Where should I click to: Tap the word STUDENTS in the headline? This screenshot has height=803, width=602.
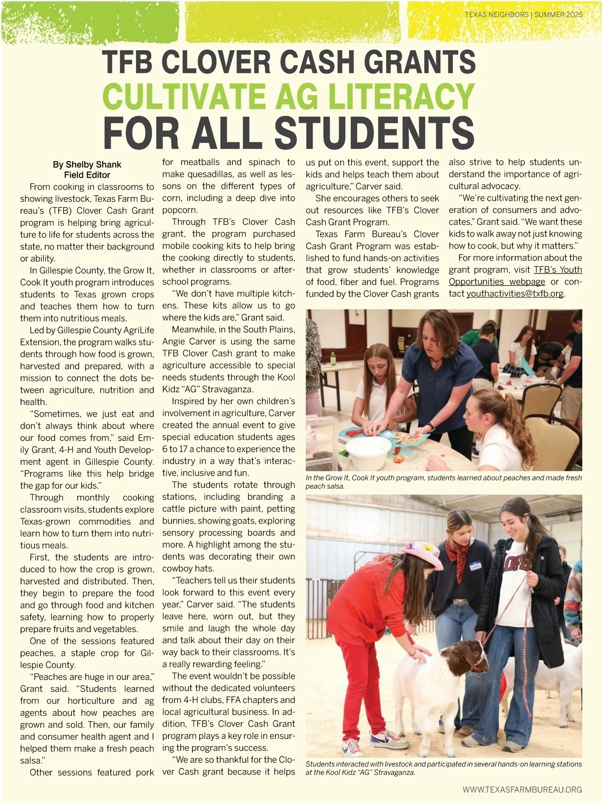374,132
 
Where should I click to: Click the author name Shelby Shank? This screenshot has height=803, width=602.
93,165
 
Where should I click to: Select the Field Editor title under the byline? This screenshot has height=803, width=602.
87,175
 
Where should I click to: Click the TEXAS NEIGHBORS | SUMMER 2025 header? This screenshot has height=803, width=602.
523,15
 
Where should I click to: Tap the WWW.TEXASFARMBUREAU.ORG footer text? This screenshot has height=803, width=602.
522,789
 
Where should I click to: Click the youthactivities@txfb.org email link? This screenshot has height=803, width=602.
515,294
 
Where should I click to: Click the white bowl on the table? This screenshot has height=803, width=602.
369,452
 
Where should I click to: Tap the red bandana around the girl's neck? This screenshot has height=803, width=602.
458,552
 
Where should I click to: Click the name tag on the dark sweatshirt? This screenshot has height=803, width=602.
475,566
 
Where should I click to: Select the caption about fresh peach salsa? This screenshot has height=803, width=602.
443,482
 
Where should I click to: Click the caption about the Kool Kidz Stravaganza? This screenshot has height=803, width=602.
443,768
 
